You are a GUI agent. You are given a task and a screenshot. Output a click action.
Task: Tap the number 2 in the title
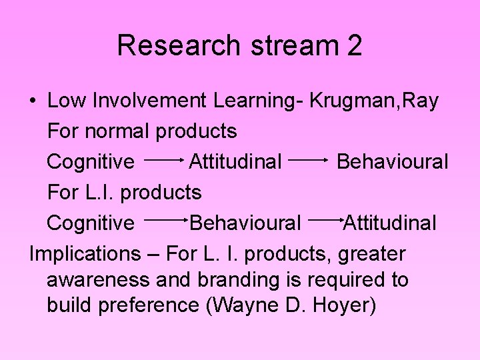(354, 45)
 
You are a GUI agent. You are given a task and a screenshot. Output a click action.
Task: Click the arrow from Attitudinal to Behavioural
(309, 161)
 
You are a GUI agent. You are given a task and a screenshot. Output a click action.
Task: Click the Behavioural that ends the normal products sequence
(392, 162)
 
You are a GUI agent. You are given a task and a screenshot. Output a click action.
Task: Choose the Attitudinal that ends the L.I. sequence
(390, 223)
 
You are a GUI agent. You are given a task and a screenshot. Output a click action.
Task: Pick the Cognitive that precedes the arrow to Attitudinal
(91, 162)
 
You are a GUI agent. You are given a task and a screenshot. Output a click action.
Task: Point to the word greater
(371, 254)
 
